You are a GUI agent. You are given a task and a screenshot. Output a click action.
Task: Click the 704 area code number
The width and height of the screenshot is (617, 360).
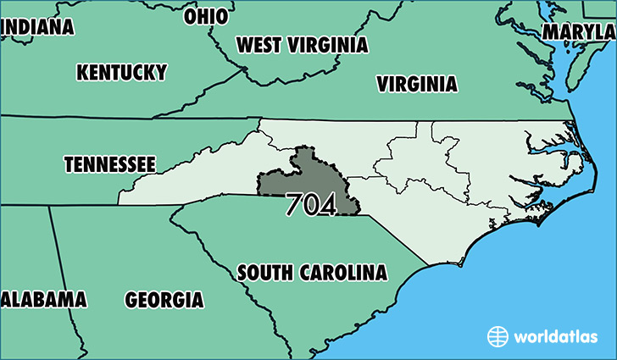(310, 205)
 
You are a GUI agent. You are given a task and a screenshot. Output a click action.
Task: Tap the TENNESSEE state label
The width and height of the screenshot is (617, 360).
(110, 163)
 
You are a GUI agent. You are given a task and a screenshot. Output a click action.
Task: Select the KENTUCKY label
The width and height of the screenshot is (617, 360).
(121, 72)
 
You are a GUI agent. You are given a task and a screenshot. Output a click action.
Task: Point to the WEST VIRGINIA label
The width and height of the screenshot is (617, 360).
(302, 45)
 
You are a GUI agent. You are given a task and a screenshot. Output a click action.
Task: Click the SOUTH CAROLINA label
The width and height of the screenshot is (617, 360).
(312, 273)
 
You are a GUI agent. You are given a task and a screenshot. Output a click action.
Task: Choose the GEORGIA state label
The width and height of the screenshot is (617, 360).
(164, 300)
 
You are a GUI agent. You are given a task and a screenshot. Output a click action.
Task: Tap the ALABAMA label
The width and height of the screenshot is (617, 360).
(44, 299)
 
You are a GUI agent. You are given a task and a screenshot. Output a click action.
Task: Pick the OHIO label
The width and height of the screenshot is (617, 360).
(206, 16)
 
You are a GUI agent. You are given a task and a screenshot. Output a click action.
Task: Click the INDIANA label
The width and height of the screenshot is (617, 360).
(37, 27)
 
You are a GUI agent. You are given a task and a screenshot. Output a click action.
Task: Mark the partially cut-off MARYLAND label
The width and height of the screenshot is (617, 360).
(580, 32)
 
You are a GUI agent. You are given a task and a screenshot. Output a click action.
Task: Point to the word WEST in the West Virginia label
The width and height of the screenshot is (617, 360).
(259, 45)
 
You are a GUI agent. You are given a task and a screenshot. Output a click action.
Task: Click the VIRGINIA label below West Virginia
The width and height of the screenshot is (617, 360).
(417, 84)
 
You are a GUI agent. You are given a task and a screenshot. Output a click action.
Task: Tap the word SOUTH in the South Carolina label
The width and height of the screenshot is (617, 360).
(265, 273)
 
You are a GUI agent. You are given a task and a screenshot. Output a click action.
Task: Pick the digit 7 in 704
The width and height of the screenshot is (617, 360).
(294, 205)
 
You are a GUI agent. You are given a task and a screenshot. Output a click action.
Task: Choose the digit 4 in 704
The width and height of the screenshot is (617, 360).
(327, 205)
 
